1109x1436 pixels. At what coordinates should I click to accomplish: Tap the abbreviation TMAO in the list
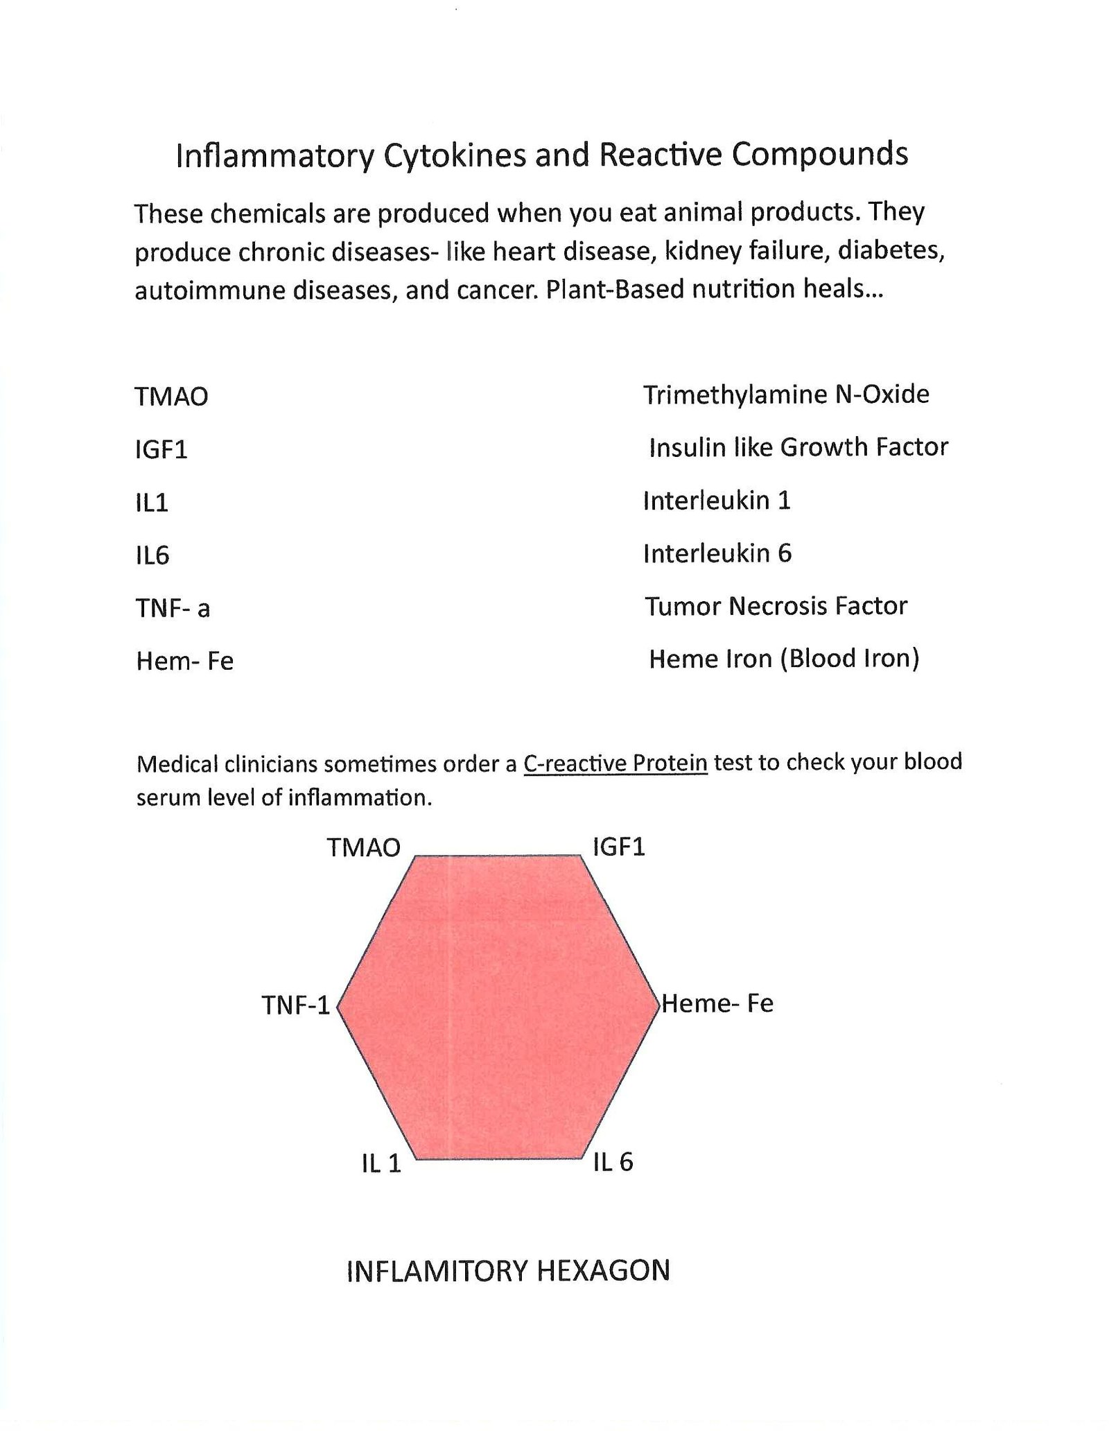(171, 397)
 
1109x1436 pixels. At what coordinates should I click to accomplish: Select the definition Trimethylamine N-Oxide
(786, 395)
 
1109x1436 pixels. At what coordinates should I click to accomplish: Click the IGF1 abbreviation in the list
(161, 449)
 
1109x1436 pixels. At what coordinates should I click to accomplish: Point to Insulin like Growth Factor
(798, 447)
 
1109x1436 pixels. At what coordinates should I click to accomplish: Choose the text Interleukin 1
(717, 500)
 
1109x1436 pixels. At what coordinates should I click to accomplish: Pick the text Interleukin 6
(717, 553)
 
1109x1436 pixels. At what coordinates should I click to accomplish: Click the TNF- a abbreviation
(173, 608)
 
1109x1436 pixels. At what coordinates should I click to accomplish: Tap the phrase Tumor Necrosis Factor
(776, 606)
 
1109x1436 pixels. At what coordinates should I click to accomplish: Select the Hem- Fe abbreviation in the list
(184, 661)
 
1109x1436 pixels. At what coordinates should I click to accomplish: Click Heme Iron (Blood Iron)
(783, 658)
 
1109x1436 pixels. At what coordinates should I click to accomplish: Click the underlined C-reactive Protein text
(615, 763)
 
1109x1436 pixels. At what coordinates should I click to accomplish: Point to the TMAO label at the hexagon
(364, 847)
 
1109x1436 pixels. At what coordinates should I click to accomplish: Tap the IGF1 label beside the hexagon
(619, 847)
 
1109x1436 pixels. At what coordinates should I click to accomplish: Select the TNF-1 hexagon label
(296, 1005)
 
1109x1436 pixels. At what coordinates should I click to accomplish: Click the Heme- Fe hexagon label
(717, 1003)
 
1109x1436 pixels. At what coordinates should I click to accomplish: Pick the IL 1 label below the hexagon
(381, 1163)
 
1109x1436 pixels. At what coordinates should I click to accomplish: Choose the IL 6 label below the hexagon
(613, 1162)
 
